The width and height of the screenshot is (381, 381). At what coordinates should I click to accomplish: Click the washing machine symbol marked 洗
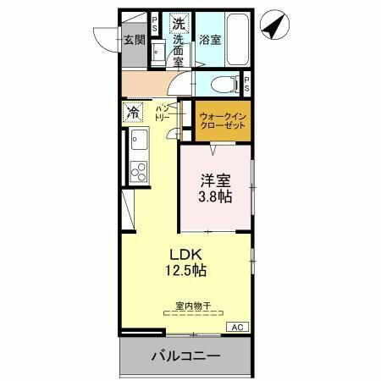click(178, 24)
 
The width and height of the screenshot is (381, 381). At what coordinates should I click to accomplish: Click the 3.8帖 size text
click(216, 196)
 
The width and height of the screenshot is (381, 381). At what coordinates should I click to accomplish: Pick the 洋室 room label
click(215, 179)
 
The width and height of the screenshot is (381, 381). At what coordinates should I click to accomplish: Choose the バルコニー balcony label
click(186, 356)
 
